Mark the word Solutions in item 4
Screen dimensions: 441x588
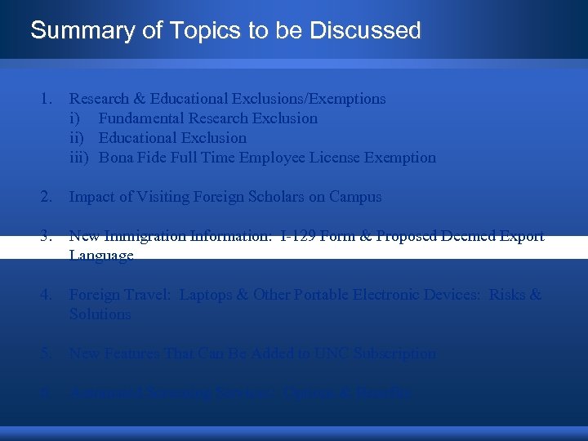tap(100, 314)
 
